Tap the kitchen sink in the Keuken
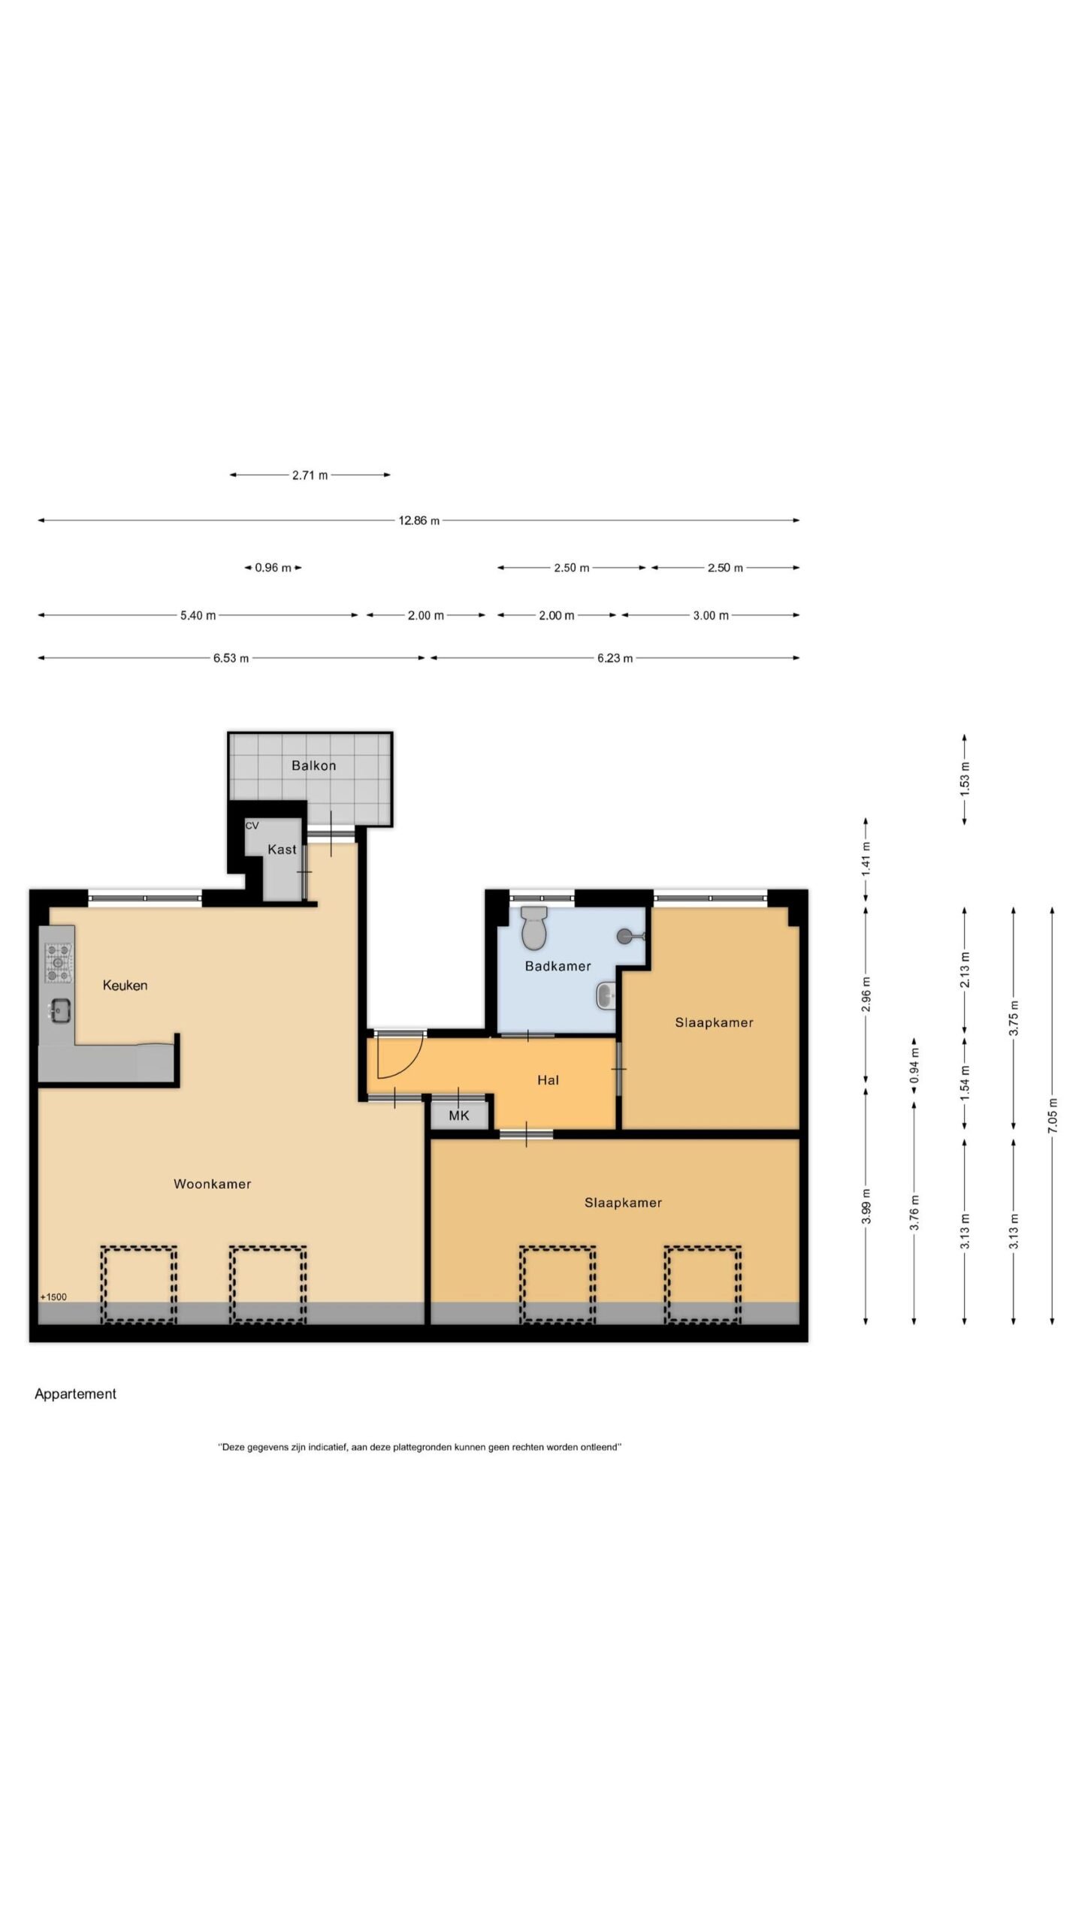tap(59, 1010)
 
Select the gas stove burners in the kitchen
tap(59, 964)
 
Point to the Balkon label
tap(313, 765)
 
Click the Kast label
tap(282, 849)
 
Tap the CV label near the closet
tap(252, 826)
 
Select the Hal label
tap(548, 1080)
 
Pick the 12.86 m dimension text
tap(419, 521)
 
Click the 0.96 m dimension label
tap(273, 568)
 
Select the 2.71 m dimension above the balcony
tap(310, 475)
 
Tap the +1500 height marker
tap(53, 1297)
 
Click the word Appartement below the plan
tap(75, 1393)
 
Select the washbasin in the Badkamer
tap(606, 996)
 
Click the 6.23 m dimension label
tap(615, 658)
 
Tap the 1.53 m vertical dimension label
tap(965, 778)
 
